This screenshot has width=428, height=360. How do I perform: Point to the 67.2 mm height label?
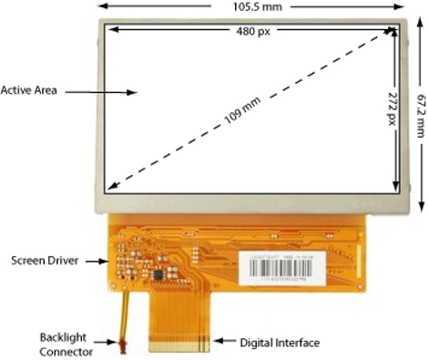[x=421, y=100]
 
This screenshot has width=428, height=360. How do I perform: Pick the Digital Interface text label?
[x=279, y=343]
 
